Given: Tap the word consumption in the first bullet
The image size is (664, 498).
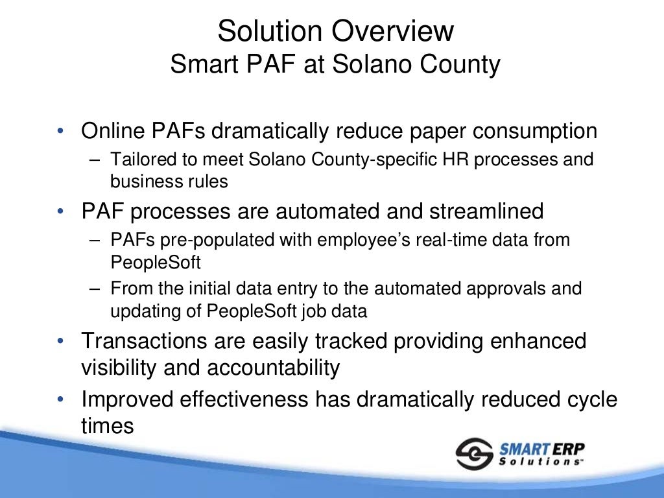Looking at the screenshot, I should point(534,131).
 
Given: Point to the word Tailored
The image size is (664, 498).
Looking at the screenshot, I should point(137,160).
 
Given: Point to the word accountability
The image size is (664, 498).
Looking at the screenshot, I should point(274,368).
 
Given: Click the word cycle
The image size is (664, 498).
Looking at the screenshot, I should point(587,399).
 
